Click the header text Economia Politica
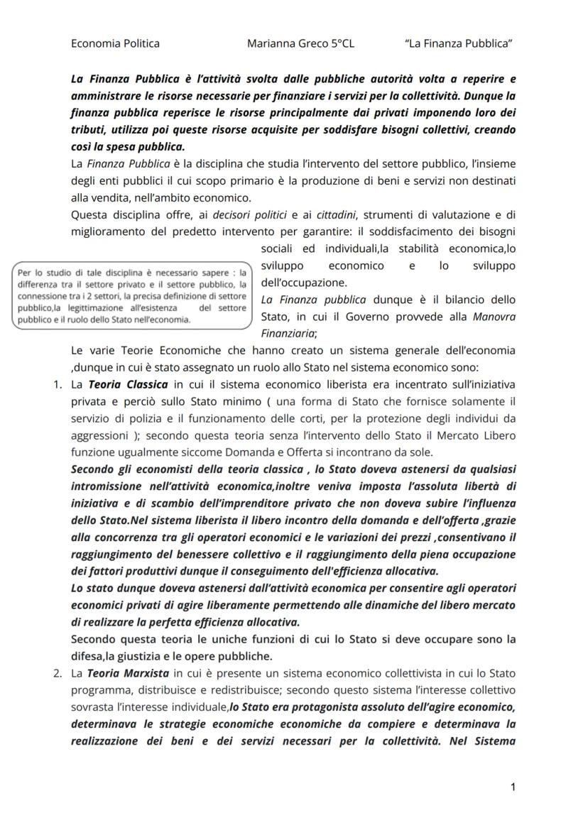115,43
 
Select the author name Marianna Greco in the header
288,43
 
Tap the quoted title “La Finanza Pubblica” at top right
459,43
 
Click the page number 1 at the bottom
513,787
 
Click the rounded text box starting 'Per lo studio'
133,295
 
